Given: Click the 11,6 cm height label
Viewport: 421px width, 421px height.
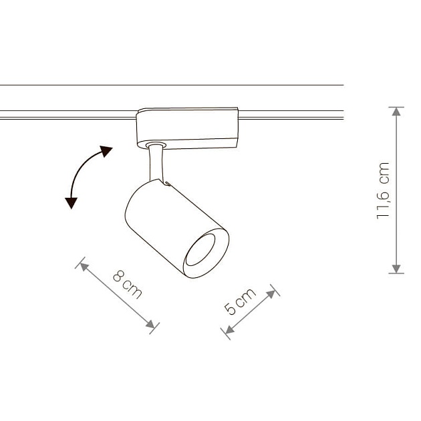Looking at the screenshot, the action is (383, 190).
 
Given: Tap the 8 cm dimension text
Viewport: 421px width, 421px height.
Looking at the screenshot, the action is (127, 285).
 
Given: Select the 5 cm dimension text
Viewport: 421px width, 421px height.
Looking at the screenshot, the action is (240, 301).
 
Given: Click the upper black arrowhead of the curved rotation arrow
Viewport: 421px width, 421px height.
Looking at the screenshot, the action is (106, 151).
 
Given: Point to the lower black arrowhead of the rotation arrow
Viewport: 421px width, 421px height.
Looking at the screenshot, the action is (71, 202).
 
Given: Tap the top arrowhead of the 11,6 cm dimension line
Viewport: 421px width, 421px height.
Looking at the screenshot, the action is (396, 112).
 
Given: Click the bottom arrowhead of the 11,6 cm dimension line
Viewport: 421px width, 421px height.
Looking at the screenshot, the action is (396, 269).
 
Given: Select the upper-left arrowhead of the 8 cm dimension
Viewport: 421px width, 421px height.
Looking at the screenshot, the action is (84, 267).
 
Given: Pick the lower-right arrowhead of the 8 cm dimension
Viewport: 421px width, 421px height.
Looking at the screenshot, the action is (150, 324).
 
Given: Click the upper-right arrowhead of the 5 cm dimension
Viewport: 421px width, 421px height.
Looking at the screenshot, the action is (271, 294).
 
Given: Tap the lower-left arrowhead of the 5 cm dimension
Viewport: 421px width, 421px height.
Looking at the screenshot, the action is (230, 329).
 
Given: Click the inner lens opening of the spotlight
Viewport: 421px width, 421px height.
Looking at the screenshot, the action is (200, 250).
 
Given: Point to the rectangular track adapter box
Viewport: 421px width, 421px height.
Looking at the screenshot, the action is (187, 128).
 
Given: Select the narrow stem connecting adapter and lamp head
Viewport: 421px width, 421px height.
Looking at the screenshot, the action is (156, 163).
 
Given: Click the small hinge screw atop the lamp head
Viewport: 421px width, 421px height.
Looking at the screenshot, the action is (168, 184).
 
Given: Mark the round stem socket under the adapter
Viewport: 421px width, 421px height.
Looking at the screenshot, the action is (156, 145).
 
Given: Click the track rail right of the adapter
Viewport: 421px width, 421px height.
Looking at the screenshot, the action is (291, 115).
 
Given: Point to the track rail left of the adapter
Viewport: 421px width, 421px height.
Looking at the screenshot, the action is (68, 115).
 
